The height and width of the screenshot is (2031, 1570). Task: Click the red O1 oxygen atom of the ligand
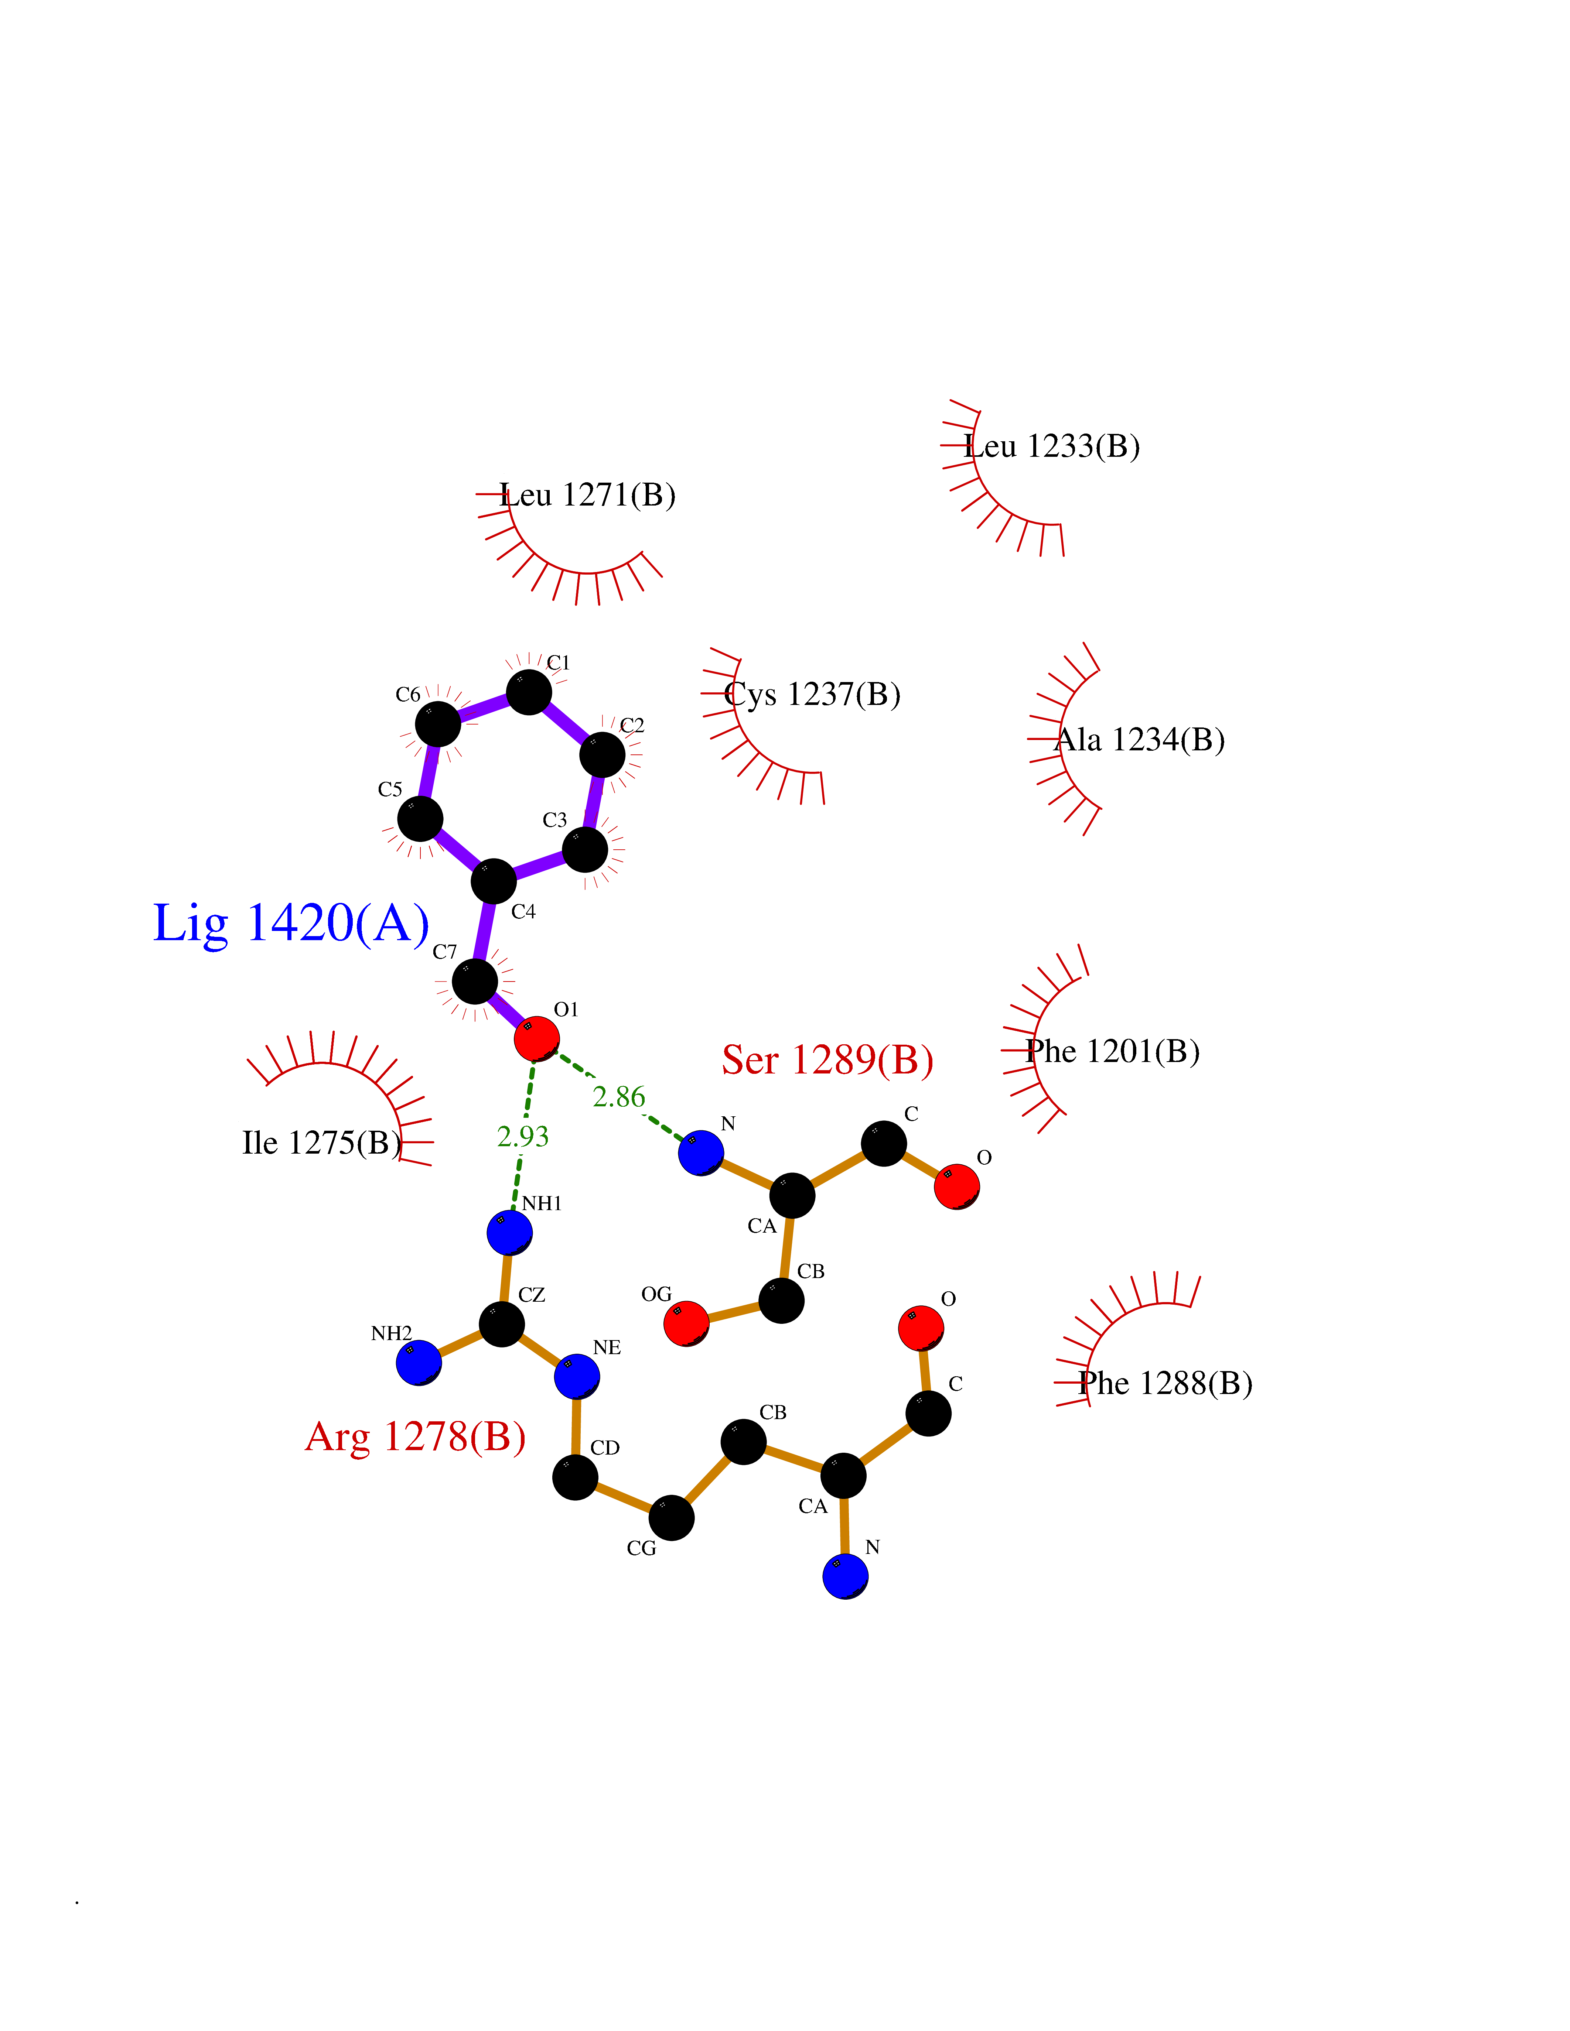537,1038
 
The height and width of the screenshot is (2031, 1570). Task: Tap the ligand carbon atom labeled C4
493,881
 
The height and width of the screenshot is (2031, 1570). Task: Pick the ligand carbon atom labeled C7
474,981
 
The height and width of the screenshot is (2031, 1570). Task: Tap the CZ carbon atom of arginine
501,1323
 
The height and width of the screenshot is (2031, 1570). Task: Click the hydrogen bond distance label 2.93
523,1136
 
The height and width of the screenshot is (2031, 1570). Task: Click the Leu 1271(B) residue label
588,495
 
